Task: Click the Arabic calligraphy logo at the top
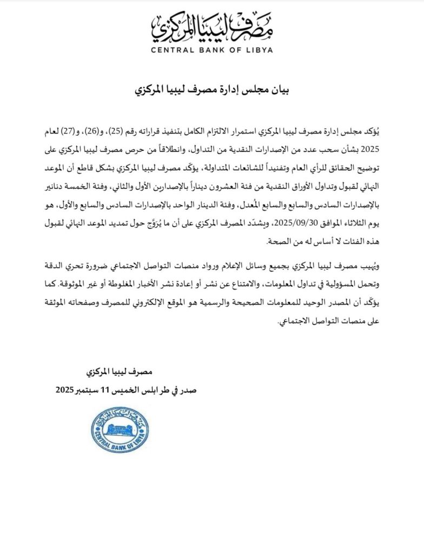point(212,27)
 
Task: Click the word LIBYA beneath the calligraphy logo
point(259,50)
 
